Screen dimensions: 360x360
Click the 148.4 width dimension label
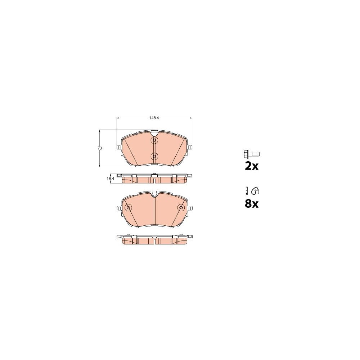[x=154, y=118]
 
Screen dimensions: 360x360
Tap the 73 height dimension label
[x=100, y=148]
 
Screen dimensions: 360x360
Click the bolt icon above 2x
[x=252, y=154]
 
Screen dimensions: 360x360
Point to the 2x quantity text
[x=252, y=166]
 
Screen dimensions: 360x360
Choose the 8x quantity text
[x=252, y=204]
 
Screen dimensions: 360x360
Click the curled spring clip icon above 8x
[x=255, y=190]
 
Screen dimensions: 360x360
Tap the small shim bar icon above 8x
[x=247, y=190]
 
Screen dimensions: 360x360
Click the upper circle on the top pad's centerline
[x=154, y=140]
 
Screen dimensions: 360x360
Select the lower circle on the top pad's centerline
[x=154, y=156]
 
